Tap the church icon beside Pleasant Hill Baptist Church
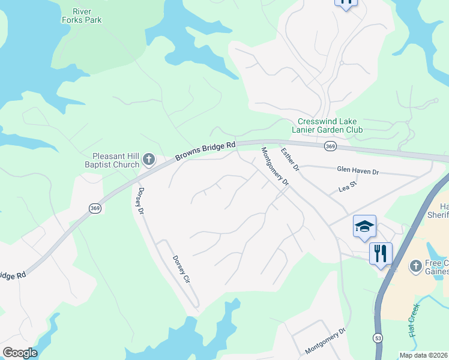tap(149, 160)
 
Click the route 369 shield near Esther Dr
tap(330, 146)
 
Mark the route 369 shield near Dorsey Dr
tap(95, 207)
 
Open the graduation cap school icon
tap(364, 227)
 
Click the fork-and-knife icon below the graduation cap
tap(381, 254)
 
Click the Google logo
tap(20, 353)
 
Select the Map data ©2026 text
tap(423, 355)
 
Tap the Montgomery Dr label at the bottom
tap(325, 340)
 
